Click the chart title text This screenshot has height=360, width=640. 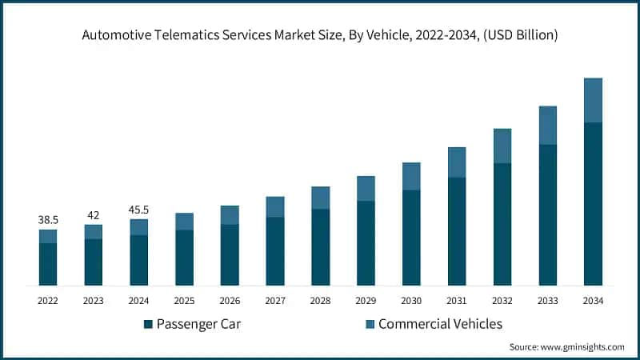point(320,34)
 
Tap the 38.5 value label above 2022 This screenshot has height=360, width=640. point(48,218)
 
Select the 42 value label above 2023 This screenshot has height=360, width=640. point(94,214)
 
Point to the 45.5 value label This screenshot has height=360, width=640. point(138,210)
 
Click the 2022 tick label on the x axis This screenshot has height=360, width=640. point(48,300)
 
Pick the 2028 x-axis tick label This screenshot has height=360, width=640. point(320,300)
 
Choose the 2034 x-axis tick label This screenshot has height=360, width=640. point(593,300)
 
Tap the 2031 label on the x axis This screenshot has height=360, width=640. point(457,300)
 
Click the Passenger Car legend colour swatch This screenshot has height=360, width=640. point(148,324)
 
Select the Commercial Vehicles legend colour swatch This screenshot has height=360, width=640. point(370,324)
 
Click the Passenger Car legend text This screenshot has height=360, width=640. point(198,324)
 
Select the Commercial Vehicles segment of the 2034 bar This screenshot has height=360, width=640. point(593,100)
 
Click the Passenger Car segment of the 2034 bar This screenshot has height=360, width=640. point(593,204)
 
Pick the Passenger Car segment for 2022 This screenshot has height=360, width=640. point(48,264)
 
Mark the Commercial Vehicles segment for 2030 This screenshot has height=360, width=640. point(411,176)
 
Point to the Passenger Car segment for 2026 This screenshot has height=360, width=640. point(230,254)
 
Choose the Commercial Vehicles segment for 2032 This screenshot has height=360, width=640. point(502,146)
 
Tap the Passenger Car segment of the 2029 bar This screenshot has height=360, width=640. point(366,243)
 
